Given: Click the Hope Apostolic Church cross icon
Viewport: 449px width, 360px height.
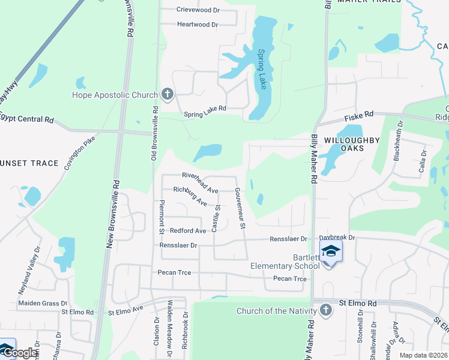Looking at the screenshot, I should [x=167, y=94].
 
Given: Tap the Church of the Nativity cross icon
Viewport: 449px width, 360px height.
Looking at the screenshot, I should [x=325, y=310].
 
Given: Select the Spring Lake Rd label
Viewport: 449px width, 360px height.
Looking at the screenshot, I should [x=205, y=109].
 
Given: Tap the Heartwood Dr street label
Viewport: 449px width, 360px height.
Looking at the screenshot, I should [x=197, y=25].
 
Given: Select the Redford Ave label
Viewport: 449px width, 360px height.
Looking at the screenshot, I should [x=188, y=230].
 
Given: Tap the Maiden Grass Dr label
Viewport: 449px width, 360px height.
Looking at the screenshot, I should [x=43, y=304].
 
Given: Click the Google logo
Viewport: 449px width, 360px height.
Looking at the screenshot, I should [x=19, y=352].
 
